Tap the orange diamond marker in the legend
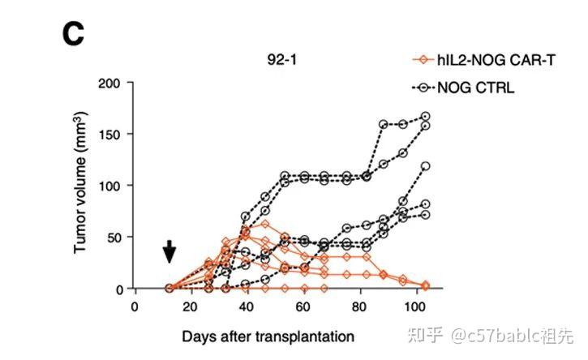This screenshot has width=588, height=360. (x=420, y=60)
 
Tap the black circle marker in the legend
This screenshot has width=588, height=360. (x=420, y=88)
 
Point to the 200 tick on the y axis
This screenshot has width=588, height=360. (x=110, y=83)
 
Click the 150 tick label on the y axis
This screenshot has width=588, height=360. (x=110, y=134)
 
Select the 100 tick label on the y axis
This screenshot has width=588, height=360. (x=110, y=186)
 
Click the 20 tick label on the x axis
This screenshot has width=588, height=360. (x=190, y=307)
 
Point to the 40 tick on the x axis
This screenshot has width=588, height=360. (x=246, y=307)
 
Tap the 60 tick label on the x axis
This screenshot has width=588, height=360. (x=303, y=307)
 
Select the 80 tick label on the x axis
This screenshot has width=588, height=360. (x=358, y=307)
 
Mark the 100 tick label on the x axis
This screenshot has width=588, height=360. (x=414, y=307)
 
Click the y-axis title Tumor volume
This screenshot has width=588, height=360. (x=80, y=185)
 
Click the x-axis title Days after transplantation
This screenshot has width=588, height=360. (x=268, y=335)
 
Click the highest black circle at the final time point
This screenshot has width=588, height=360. (x=425, y=117)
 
